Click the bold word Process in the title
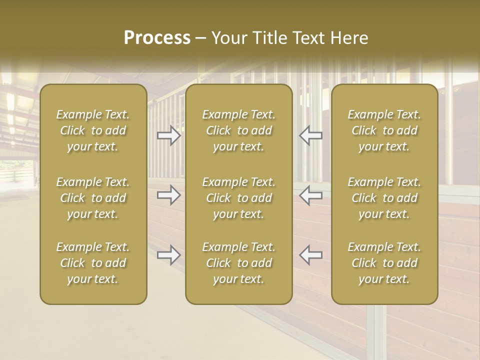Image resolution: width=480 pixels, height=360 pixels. point(157,38)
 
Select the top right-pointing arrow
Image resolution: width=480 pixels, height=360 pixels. point(168,135)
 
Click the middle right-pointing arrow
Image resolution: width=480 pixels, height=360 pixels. point(168,195)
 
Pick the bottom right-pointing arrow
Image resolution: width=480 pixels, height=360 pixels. point(168,255)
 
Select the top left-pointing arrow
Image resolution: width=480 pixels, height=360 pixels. point(311,135)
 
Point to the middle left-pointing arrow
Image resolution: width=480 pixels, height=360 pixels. point(311,195)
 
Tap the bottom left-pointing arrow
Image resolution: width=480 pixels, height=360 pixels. point(311,255)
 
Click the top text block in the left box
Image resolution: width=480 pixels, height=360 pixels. point(93,130)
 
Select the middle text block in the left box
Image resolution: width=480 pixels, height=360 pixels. point(93,198)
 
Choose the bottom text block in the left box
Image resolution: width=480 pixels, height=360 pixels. point(93,263)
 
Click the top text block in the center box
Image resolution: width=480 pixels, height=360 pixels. point(238,130)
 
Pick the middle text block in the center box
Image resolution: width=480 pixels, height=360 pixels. point(238,198)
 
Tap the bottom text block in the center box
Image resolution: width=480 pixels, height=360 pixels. point(238,263)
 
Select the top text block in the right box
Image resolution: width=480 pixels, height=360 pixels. point(384,130)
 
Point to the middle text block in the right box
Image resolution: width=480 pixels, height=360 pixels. point(384,198)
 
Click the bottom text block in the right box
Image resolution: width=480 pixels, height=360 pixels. point(384,263)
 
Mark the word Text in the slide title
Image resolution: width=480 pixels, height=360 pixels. point(310,38)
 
